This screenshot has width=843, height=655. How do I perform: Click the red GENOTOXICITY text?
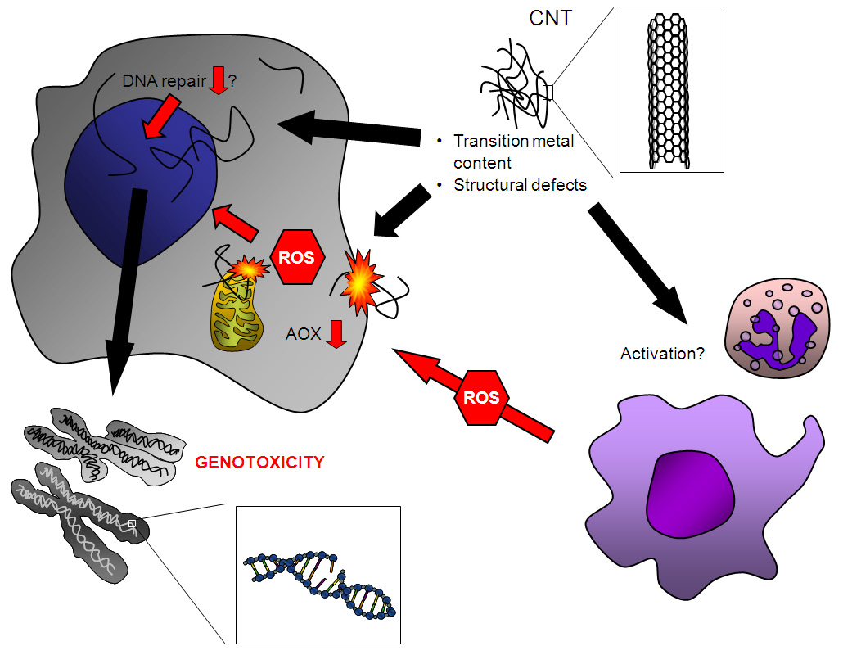click(259, 463)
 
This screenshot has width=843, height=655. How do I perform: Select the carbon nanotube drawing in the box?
click(672, 92)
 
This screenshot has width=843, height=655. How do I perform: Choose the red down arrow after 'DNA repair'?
click(219, 80)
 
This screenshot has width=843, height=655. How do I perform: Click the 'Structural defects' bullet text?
click(520, 185)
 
